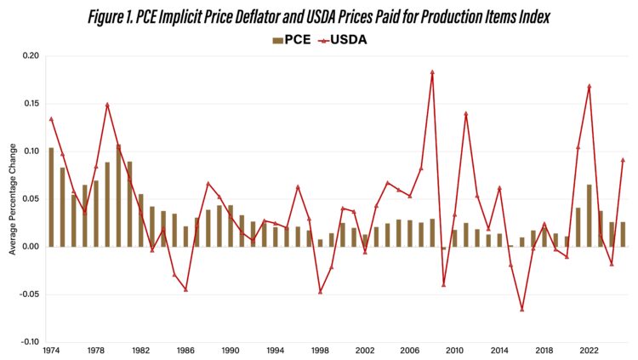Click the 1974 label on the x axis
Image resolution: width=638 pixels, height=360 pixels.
point(51,351)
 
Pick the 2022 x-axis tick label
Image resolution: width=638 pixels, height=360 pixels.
point(588,351)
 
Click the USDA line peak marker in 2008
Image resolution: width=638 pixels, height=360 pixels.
point(432,72)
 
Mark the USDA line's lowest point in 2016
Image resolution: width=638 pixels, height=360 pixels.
point(521,309)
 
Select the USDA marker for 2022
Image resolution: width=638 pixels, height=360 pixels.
point(589,86)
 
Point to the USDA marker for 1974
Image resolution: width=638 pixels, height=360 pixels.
point(51,119)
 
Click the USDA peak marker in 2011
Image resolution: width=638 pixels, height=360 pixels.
point(465,114)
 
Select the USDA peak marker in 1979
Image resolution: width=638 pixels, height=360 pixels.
point(107,105)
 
